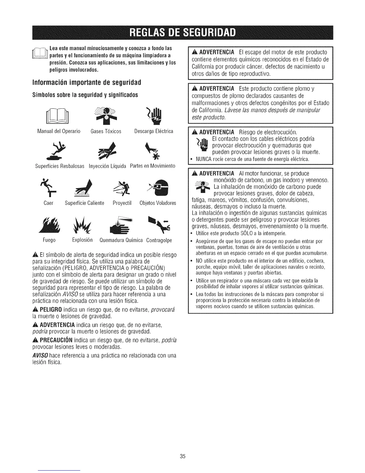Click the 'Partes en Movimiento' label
click(152, 166)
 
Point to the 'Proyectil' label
click(122, 203)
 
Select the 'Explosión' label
click(83, 240)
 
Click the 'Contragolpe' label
click(159, 240)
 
